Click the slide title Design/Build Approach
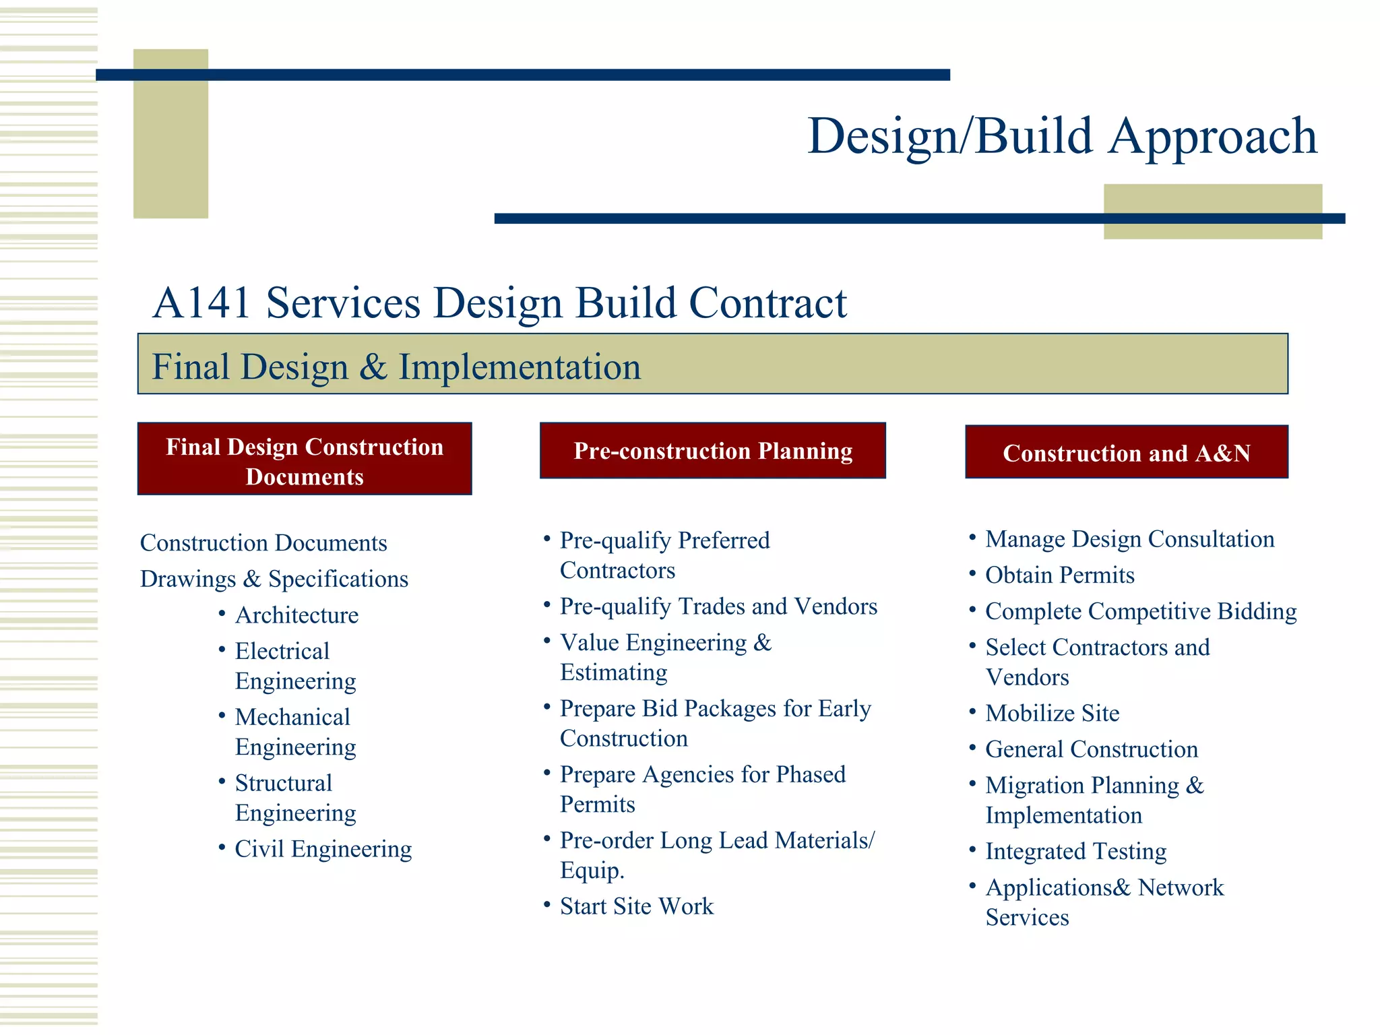1062,137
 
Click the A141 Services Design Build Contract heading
499,303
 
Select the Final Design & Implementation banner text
396,367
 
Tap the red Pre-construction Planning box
712,451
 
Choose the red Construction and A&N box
1126,453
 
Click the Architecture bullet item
296,615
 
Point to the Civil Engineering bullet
323,849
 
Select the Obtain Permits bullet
1059,575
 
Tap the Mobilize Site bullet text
1052,714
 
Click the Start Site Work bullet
636,906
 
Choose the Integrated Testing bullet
1075,852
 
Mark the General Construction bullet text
1091,749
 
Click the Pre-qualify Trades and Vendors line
718,606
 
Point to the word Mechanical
292,717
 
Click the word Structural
284,783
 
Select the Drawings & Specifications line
274,579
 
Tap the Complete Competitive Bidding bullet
1140,611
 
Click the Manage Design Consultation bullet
1129,539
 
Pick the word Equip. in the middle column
592,871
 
